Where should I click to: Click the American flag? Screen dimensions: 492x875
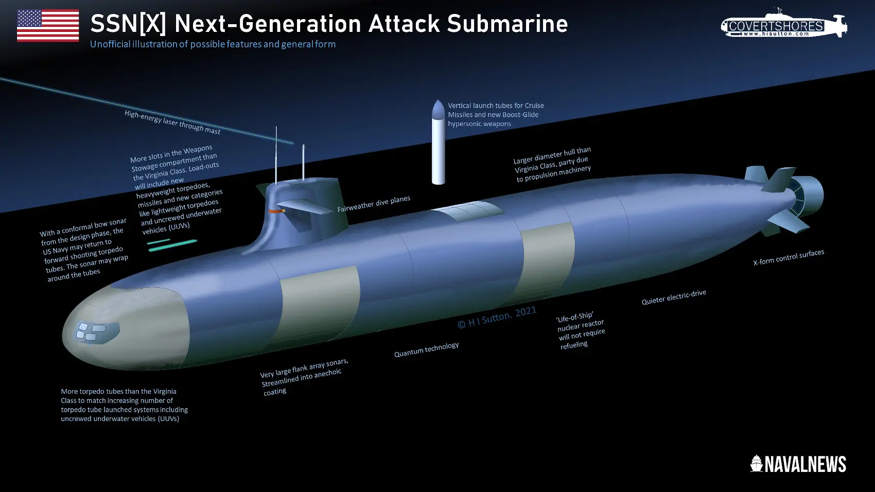pyautogui.click(x=48, y=25)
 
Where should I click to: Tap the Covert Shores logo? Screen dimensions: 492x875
pyautogui.click(x=783, y=24)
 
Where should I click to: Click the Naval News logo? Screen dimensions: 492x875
pyautogui.click(x=798, y=464)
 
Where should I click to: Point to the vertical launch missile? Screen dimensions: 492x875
pyautogui.click(x=438, y=142)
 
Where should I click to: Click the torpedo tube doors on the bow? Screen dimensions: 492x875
pyautogui.click(x=91, y=331)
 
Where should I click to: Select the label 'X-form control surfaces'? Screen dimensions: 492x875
pyautogui.click(x=788, y=257)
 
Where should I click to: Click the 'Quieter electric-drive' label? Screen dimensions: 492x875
pyautogui.click(x=673, y=297)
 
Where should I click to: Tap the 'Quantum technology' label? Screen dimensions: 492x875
pyautogui.click(x=426, y=349)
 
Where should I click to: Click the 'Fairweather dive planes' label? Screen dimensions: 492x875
pyautogui.click(x=373, y=203)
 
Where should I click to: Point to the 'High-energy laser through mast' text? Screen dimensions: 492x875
pyautogui.click(x=172, y=122)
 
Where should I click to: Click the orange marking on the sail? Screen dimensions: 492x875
pyautogui.click(x=276, y=211)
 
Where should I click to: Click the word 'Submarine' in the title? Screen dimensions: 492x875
pyautogui.click(x=507, y=24)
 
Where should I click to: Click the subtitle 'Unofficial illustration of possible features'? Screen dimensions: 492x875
pyautogui.click(x=213, y=44)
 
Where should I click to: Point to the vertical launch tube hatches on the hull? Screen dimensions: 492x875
pyautogui.click(x=467, y=211)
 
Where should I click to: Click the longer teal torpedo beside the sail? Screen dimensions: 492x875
pyautogui.click(x=173, y=245)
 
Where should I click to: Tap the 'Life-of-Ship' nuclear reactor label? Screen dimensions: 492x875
pyautogui.click(x=580, y=330)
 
